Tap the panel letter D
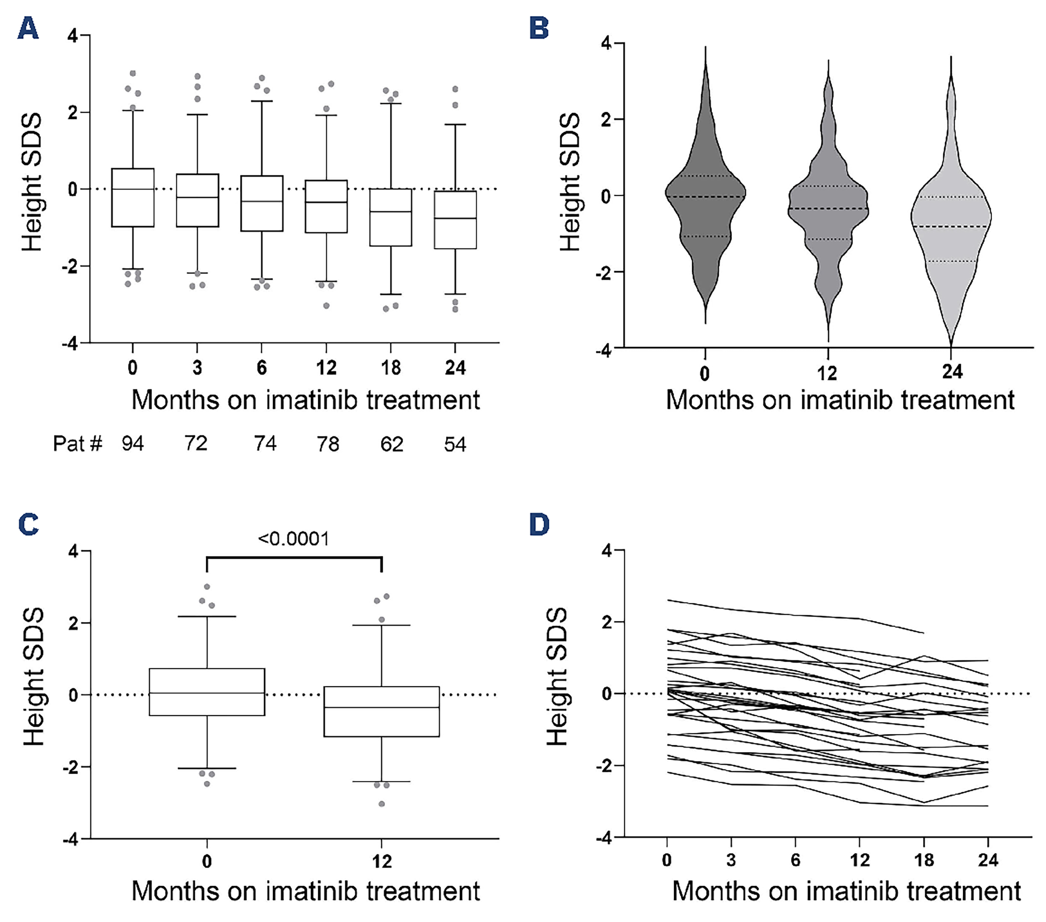click(x=539, y=525)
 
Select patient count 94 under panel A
click(x=133, y=444)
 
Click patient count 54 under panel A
click(x=455, y=444)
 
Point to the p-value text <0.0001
click(x=293, y=539)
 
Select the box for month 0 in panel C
click(x=207, y=692)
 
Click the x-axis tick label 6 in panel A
click(x=261, y=367)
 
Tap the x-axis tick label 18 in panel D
click(x=924, y=860)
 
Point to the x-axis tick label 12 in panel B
click(x=827, y=373)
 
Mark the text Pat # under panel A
click(x=77, y=444)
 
